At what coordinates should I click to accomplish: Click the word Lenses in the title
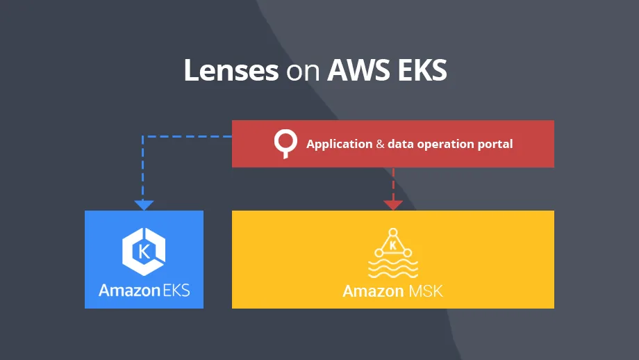(231, 70)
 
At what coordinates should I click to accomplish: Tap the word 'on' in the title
(302, 72)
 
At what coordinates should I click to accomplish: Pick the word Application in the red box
(339, 145)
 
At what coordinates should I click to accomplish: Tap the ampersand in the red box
(380, 145)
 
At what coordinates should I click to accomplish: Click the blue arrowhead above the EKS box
(144, 205)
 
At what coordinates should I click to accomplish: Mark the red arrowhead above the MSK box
(393, 205)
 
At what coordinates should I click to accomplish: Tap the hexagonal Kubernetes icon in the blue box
(144, 249)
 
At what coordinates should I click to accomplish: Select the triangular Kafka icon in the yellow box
(393, 244)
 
